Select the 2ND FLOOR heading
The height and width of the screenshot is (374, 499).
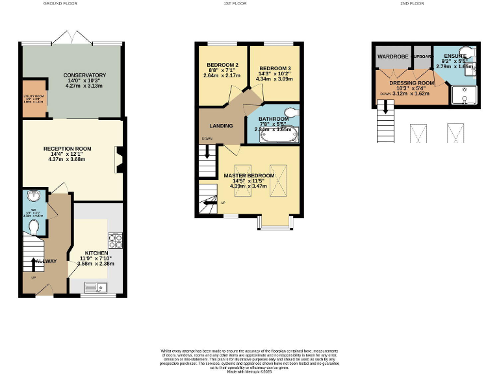pos(411,3)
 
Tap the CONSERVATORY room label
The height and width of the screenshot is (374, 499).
pos(84,75)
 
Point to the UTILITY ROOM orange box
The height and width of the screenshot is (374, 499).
pos(33,99)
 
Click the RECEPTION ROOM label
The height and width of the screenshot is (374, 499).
pos(68,149)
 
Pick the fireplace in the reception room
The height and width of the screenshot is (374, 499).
pos(119,160)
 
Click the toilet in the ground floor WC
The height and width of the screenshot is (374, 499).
pos(34,226)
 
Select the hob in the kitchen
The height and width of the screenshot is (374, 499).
pos(116,242)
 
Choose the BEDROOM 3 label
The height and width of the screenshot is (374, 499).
pos(275,68)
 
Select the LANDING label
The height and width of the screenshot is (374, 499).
pos(221,125)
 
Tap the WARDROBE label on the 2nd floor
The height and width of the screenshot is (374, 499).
pos(391,56)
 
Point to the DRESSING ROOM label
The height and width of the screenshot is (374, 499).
pos(411,83)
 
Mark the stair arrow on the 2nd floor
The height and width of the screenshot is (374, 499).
pos(385,108)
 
